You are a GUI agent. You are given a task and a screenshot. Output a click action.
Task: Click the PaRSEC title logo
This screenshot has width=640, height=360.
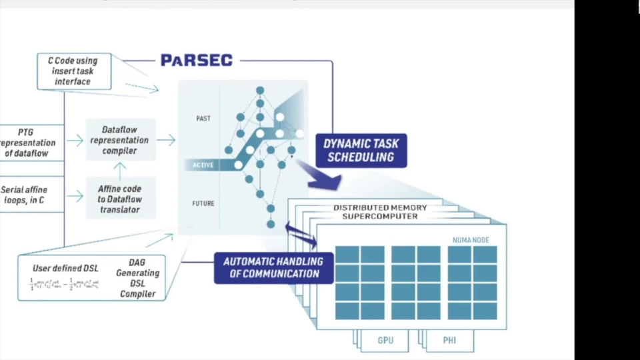coord(197,61)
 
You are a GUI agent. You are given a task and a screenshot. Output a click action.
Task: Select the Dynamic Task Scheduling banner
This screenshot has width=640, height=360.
coord(361,151)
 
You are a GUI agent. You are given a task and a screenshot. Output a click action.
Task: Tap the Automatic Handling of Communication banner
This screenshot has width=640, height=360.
coord(273,267)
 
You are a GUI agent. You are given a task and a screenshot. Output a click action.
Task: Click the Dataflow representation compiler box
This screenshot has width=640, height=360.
coord(121,140)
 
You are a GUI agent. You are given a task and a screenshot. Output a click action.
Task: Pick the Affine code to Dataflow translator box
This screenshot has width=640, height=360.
coord(121,198)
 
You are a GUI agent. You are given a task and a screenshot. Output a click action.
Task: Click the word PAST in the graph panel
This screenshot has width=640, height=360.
coord(203,119)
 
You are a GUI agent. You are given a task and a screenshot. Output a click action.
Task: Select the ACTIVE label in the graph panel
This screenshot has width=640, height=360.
coord(203,165)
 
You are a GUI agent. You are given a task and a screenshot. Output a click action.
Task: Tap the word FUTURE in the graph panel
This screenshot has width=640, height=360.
coord(203,203)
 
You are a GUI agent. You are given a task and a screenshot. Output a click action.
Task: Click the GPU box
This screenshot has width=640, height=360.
coord(385,341)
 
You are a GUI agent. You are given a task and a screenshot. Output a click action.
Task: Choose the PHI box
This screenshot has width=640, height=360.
coord(449,341)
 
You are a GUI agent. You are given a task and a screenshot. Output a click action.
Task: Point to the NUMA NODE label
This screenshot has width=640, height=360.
coord(471,240)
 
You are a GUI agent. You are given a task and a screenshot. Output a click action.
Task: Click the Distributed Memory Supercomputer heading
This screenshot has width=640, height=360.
coord(380,212)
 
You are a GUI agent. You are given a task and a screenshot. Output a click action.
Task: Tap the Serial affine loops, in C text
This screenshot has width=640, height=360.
coord(24,195)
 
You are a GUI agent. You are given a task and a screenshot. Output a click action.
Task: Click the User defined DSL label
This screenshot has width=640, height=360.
coord(65,268)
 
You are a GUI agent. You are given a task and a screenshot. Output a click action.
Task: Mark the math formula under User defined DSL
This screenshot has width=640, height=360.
coord(65,285)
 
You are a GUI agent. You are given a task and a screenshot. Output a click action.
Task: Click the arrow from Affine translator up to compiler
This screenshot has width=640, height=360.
coord(121,169)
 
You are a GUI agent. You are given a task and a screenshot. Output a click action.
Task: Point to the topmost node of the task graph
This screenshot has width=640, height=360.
coord(260,90)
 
